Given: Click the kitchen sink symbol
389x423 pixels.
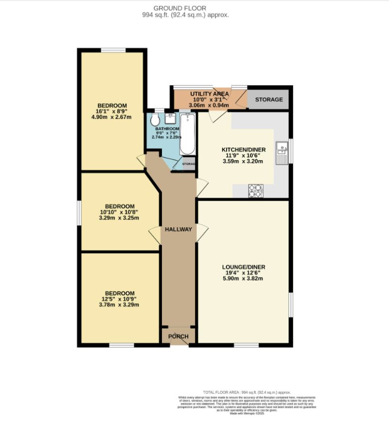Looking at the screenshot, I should tap(282, 152).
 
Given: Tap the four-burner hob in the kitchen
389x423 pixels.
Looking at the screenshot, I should tap(256, 191).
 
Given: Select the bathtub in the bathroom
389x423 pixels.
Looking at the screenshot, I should tap(187, 134).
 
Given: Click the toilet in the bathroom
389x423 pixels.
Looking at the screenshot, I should tap(155, 120).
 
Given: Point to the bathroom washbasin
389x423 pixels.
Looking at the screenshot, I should tap(171, 118).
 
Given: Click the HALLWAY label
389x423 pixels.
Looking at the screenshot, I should tap(178, 229).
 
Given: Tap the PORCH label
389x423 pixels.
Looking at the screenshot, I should tap(178, 336).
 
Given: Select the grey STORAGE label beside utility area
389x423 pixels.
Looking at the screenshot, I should tap(269, 99).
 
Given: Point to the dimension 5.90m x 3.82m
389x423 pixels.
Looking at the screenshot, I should tap(243, 279).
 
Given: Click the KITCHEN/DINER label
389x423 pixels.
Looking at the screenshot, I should tap(242, 149).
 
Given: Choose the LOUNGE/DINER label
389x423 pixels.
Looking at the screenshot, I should tap(243, 267).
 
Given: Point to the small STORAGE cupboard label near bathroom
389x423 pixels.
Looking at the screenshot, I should tap(189, 164).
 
